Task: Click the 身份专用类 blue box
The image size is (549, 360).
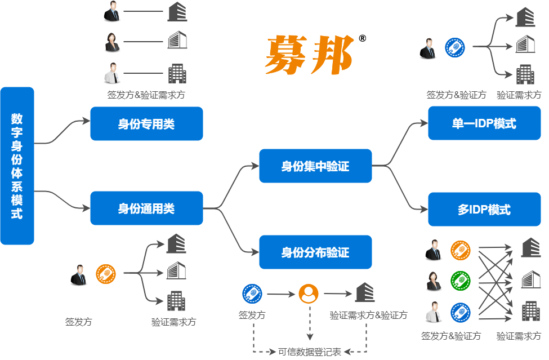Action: coord(146,124)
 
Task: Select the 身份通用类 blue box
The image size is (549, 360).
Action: coord(146,208)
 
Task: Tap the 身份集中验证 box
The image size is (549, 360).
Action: coord(315,166)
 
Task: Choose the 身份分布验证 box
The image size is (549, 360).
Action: coord(315,252)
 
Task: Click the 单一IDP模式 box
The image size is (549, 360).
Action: coord(484,123)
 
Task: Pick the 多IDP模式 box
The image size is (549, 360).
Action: coord(484,210)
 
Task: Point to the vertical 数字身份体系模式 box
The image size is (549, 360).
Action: coord(17,166)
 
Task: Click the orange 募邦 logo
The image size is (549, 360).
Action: coord(309,55)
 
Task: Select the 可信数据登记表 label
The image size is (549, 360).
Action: coord(310,352)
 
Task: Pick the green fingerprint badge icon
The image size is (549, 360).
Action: coord(460,280)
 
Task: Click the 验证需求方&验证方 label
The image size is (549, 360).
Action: coord(368,315)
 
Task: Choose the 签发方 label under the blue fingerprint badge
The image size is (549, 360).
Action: coord(252,315)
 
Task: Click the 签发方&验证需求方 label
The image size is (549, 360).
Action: coord(146,95)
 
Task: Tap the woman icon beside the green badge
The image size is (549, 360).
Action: coord(434,280)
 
